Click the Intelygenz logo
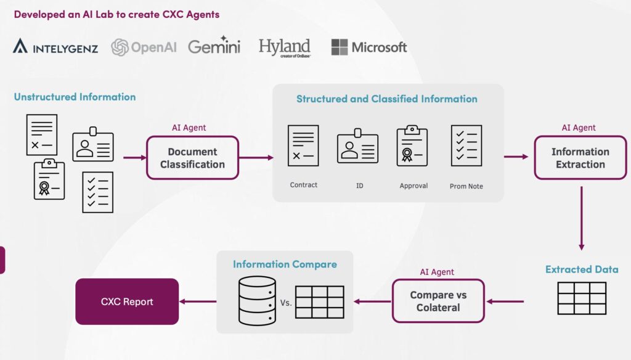[x=55, y=47]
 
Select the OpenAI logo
[x=144, y=47]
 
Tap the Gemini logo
[x=214, y=46]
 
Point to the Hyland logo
[x=284, y=47]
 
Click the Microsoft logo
[x=369, y=47]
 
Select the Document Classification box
[x=192, y=158]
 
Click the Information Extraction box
[x=580, y=158]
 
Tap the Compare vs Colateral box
[x=438, y=301]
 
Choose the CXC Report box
[x=127, y=301]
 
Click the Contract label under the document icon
[x=303, y=185]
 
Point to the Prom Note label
[x=466, y=186]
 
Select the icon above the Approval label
[x=412, y=145]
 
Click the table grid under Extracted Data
[x=582, y=298]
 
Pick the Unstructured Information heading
[x=75, y=97]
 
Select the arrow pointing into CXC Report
[x=198, y=301]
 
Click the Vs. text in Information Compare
[x=286, y=303]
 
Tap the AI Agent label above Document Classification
[x=189, y=128]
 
